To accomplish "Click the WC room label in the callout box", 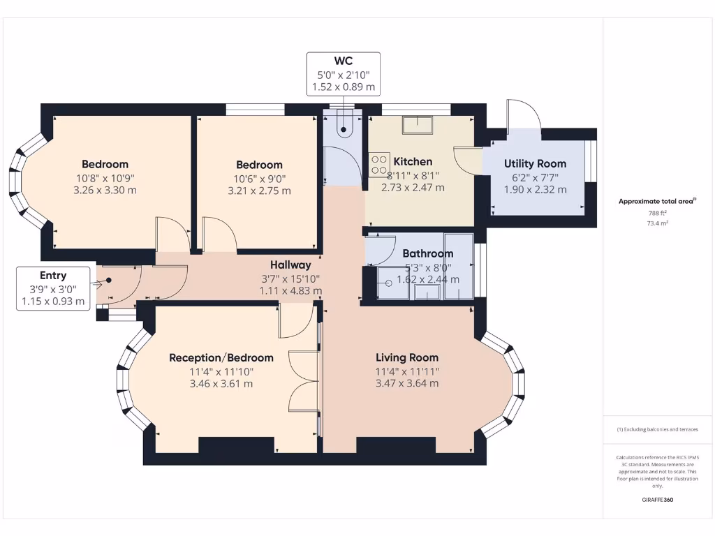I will (x=343, y=61).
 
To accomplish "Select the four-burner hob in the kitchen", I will (x=379, y=164).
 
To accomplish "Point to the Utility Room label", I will (x=535, y=164).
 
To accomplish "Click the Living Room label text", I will (x=406, y=357).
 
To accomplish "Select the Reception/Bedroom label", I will (x=221, y=357).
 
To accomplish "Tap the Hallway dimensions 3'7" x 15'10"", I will (x=290, y=278).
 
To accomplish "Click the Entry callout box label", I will (x=53, y=276).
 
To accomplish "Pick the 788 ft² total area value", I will (x=657, y=213).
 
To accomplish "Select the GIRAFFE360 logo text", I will (x=657, y=500).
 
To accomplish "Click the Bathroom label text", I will (x=427, y=253).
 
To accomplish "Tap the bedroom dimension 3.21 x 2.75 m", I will (x=259, y=191).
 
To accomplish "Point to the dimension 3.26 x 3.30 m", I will (x=105, y=190).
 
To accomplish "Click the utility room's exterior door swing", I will (x=524, y=115).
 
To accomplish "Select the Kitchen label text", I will (x=413, y=161).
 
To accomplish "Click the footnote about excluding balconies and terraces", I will (x=657, y=429).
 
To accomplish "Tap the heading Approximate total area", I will (x=656, y=201).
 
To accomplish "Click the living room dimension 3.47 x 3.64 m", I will (x=406, y=383).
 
